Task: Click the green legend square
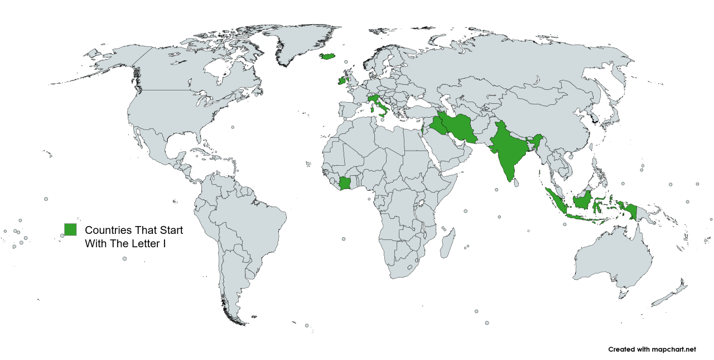click(70, 229)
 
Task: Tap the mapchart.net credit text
click(652, 349)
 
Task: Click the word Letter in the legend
click(145, 244)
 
